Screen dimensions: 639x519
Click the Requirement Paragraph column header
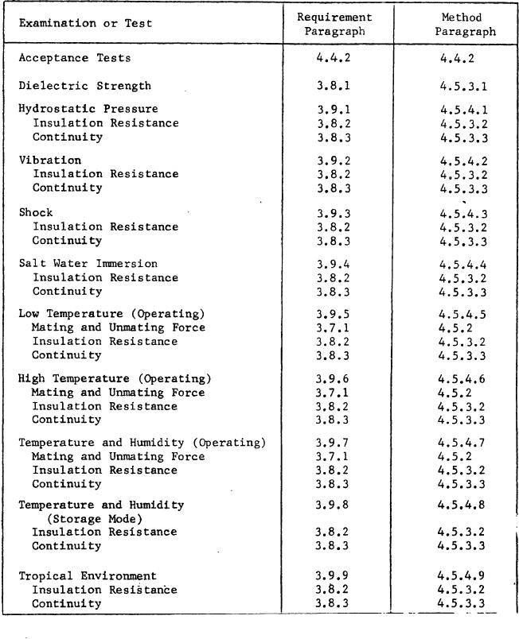click(334, 24)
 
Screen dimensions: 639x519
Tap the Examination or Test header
click(85, 23)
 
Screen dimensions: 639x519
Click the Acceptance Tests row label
click(75, 58)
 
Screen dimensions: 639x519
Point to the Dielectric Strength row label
click(85, 86)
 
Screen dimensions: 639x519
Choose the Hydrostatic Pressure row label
click(88, 109)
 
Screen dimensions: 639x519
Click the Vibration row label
click(50, 160)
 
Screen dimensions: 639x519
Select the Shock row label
click(36, 212)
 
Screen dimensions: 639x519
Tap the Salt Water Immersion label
click(88, 263)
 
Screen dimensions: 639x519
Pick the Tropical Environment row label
click(88, 575)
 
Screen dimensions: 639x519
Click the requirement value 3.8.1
click(334, 86)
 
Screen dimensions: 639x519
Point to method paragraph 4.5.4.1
click(464, 110)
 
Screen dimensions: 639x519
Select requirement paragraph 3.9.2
click(334, 161)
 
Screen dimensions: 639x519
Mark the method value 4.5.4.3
click(464, 213)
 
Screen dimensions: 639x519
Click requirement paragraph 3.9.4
click(334, 264)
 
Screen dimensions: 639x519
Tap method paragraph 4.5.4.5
click(464, 314)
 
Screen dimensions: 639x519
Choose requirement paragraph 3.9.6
click(334, 379)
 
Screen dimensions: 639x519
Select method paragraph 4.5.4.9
click(464, 575)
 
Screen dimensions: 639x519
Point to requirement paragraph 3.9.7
click(334, 443)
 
